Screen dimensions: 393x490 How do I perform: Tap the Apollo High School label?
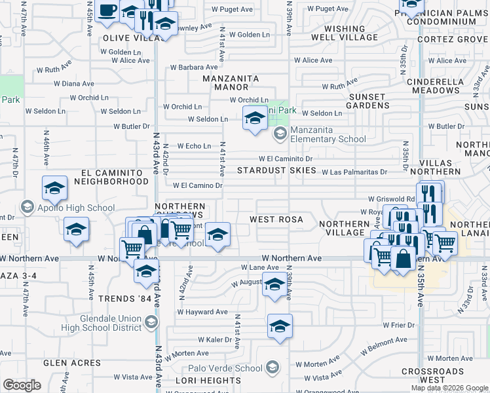tap(67, 208)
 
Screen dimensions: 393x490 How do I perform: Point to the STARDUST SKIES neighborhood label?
tap(275, 170)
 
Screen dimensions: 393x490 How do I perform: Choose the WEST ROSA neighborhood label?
tap(276, 219)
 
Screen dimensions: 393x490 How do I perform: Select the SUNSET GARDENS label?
tap(367, 101)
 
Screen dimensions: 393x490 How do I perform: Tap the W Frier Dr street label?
tap(400, 325)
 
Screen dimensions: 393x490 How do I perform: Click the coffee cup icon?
tap(107, 10)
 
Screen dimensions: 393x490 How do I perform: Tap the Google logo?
tap(22, 385)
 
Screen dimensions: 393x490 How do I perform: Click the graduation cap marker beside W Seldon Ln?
tap(254, 119)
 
